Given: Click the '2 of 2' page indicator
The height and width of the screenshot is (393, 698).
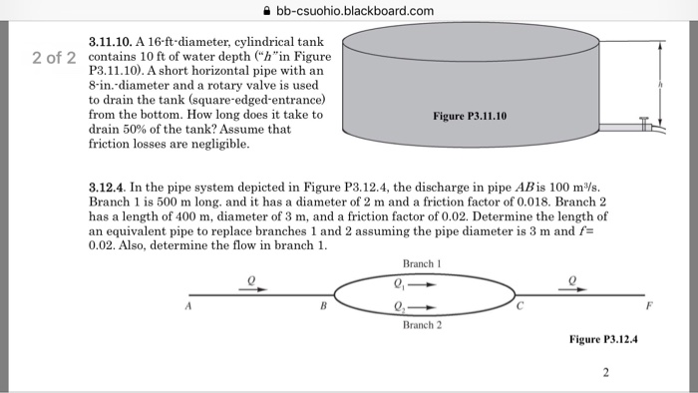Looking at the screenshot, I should pyautogui.click(x=54, y=57).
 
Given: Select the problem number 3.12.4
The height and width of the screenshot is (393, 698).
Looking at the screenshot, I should pyautogui.click(x=109, y=185).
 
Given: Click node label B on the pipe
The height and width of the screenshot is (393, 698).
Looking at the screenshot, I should pyautogui.click(x=320, y=306).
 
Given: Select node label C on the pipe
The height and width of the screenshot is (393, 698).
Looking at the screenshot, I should pyautogui.click(x=520, y=306).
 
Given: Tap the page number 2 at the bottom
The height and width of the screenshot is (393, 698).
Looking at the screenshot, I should pyautogui.click(x=605, y=373).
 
